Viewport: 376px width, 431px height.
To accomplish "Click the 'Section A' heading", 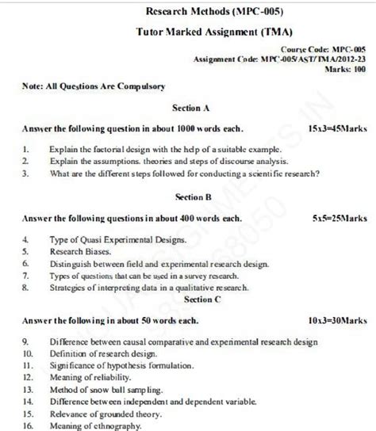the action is (x=190, y=106).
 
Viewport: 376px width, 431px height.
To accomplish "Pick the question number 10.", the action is (x=27, y=353).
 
